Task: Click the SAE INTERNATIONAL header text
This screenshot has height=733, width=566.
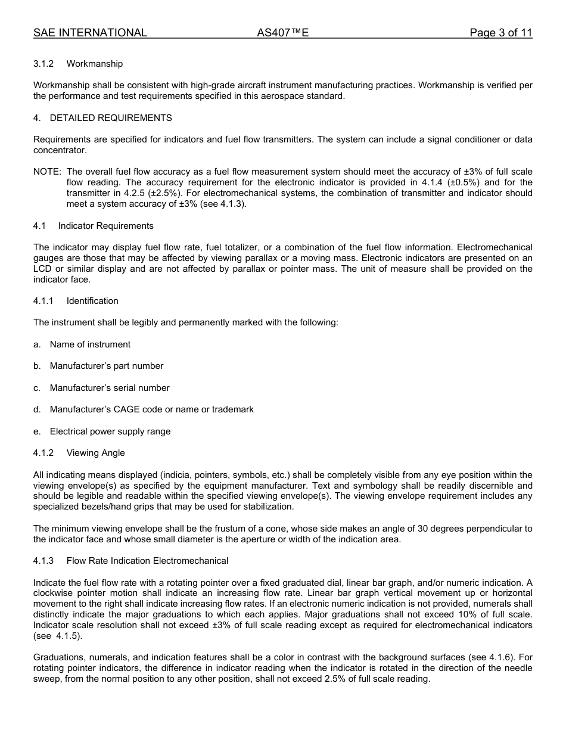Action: tap(90, 33)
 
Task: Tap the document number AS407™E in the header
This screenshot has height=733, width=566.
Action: tap(282, 33)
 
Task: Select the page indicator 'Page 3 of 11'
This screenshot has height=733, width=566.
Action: tap(500, 33)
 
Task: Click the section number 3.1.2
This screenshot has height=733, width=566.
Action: tap(43, 64)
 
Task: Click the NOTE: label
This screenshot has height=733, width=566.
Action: tap(47, 172)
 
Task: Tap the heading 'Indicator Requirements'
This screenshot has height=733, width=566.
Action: tap(105, 226)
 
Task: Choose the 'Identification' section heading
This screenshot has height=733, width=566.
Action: tap(92, 301)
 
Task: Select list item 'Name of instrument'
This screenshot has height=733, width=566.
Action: tap(90, 344)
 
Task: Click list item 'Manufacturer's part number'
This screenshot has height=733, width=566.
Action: tap(106, 366)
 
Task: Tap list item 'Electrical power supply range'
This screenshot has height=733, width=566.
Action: tap(110, 431)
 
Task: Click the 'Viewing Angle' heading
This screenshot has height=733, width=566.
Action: tap(95, 453)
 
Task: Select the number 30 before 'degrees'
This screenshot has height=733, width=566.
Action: tap(405, 529)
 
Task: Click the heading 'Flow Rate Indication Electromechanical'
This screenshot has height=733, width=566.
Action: tap(147, 561)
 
